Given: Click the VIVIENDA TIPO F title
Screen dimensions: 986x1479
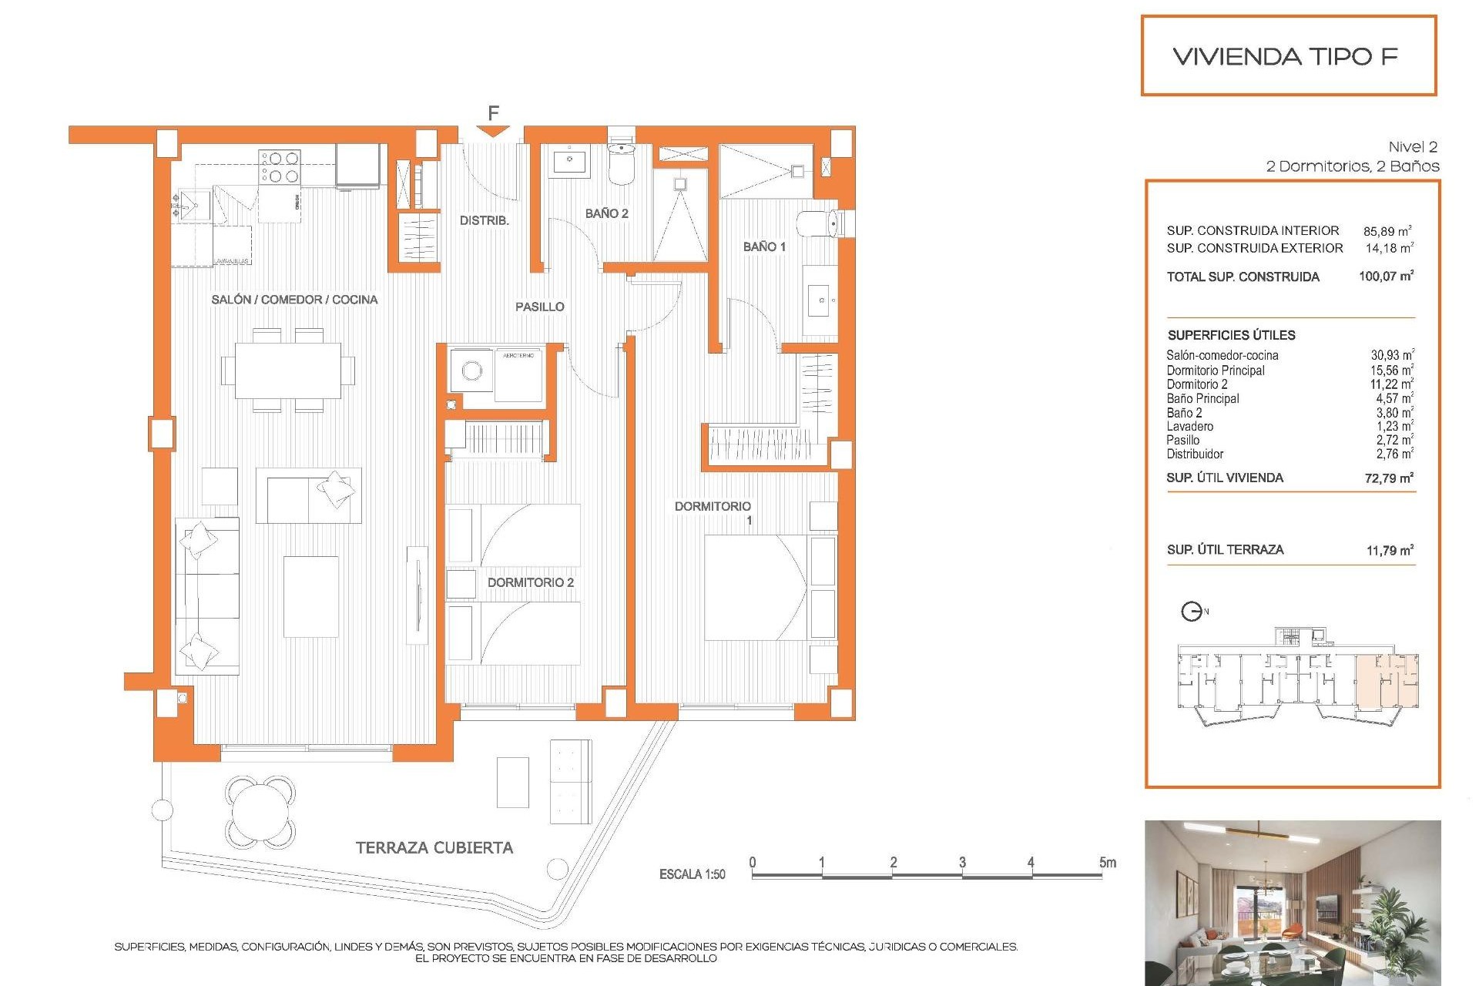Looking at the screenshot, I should coord(1285,56).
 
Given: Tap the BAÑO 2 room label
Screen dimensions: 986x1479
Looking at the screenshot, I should coord(606,213).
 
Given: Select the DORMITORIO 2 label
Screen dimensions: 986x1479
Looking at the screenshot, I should coord(530,582).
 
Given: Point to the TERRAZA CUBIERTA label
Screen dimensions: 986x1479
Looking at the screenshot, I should coord(434,847).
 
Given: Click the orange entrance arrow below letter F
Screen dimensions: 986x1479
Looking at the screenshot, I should coord(493,132).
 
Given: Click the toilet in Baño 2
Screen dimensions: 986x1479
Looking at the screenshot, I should coord(621,163).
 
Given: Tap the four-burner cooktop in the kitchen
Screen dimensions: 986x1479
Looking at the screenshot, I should coord(280,167).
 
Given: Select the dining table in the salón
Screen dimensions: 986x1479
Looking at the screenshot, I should coord(288,371).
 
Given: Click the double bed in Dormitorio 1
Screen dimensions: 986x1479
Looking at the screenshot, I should coord(755,587).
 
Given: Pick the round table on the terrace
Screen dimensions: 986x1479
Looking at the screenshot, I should coord(260,811).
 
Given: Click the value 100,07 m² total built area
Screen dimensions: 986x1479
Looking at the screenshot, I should coord(1386,276).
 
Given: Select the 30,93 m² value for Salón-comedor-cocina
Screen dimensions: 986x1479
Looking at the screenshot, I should coord(1391,355).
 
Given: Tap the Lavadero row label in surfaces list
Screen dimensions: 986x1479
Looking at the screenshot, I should coord(1189,426).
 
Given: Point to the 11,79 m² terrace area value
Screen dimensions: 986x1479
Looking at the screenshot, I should coord(1389,550).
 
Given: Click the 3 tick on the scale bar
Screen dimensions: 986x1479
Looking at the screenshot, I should coord(962,863).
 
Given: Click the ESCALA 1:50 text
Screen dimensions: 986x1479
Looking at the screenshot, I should coord(692,874).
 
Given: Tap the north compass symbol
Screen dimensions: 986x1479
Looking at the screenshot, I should coord(1192,612).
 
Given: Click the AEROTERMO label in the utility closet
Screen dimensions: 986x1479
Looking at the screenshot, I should coord(518,355).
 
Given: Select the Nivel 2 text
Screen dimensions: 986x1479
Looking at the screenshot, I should coord(1412,146).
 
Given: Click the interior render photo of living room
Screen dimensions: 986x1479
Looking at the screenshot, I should coord(1292,902).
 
